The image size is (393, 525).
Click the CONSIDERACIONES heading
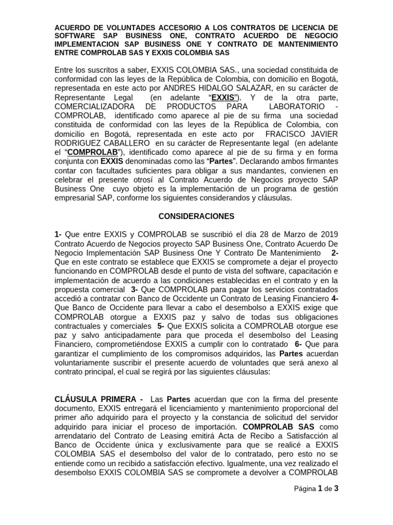click(x=196, y=216)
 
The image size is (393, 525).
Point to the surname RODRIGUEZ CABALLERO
click(x=102, y=143)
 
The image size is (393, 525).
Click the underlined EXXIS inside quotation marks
click(x=223, y=97)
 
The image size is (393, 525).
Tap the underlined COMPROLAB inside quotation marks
click(x=93, y=152)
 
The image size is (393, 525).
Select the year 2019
click(x=327, y=234)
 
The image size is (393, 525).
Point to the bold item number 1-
click(x=58, y=234)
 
